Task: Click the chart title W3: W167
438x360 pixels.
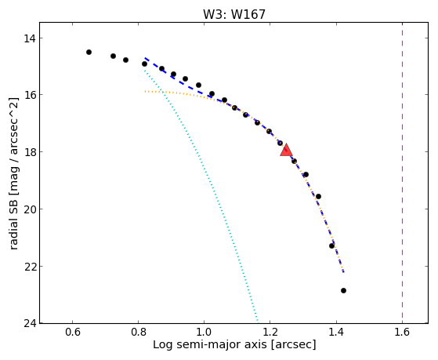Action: [234, 14]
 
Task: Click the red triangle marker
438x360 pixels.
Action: [286, 151]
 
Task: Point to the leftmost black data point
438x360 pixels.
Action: [89, 52]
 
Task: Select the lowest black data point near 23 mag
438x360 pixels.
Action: [344, 291]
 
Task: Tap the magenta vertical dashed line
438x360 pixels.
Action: [402, 173]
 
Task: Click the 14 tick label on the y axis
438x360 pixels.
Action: [29, 38]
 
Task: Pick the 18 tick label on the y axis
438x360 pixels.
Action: [29, 152]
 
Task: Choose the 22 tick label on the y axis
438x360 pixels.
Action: [29, 267]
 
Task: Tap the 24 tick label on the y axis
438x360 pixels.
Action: [29, 323]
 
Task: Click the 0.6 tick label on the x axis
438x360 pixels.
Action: [73, 332]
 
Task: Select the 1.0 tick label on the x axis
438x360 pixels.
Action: [205, 332]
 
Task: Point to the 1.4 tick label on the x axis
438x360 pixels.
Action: [336, 332]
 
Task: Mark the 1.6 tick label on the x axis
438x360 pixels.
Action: [402, 332]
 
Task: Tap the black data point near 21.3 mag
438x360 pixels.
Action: [332, 245]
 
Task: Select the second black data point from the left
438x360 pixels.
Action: [113, 56]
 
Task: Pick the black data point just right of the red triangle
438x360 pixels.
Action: [294, 161]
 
